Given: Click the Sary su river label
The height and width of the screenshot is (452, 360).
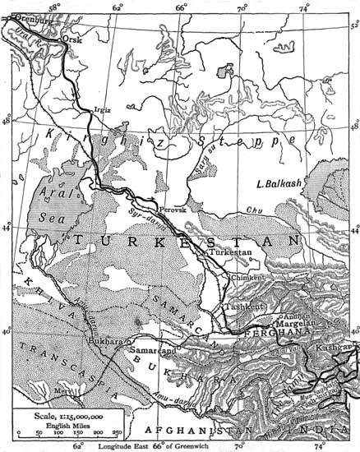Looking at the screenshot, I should [x=220, y=150].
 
